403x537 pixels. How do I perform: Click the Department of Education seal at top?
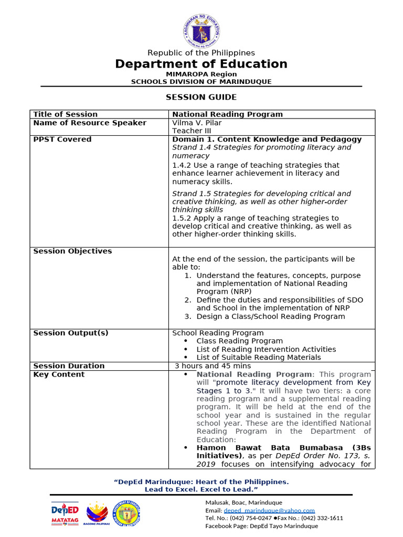(201, 31)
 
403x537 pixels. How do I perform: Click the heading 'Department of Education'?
(201, 64)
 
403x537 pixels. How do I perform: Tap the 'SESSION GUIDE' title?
(201, 97)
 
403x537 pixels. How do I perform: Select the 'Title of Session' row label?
(65, 114)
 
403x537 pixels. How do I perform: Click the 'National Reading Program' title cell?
(227, 114)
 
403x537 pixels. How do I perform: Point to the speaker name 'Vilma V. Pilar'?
(197, 123)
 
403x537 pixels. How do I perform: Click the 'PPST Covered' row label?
(62, 139)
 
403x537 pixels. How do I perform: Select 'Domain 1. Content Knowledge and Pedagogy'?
(267, 139)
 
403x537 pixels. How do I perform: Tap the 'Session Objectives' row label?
(72, 251)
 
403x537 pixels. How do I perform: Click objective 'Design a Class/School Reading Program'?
(270, 316)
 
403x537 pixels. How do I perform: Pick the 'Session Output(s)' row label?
(71, 333)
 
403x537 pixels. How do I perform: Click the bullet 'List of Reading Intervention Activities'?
(266, 349)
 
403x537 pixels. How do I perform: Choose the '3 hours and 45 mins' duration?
(213, 366)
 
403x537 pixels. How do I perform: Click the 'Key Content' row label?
(59, 374)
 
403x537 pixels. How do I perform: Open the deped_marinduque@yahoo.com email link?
(269, 510)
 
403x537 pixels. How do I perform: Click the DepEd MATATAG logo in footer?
(65, 513)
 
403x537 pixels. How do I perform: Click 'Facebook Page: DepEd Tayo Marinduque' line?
(261, 526)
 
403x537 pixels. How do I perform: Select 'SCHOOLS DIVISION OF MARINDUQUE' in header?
(201, 82)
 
